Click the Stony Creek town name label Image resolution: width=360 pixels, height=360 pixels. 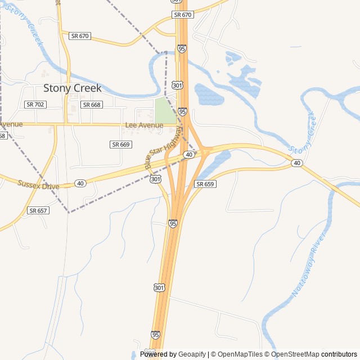(73, 88)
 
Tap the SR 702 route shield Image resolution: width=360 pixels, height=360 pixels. (35, 105)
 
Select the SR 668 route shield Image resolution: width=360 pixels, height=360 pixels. (92, 105)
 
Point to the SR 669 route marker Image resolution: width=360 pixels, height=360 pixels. (121, 145)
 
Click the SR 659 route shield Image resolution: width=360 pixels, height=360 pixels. (205, 184)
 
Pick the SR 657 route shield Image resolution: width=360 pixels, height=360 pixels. (38, 210)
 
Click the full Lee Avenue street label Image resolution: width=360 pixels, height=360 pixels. (144, 125)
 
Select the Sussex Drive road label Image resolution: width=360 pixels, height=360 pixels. (38, 184)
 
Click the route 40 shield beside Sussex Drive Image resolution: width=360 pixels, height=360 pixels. (80, 183)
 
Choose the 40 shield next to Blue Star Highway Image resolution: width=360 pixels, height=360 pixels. (190, 154)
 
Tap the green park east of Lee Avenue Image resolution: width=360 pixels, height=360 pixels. (166, 110)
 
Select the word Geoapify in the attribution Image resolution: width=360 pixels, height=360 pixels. (192, 354)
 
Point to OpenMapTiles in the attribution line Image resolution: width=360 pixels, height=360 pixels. (240, 354)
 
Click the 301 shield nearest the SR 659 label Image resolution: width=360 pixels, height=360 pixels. (156, 179)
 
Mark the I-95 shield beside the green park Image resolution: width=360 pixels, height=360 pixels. (182, 112)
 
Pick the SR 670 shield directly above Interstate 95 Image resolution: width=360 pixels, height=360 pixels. (183, 15)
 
